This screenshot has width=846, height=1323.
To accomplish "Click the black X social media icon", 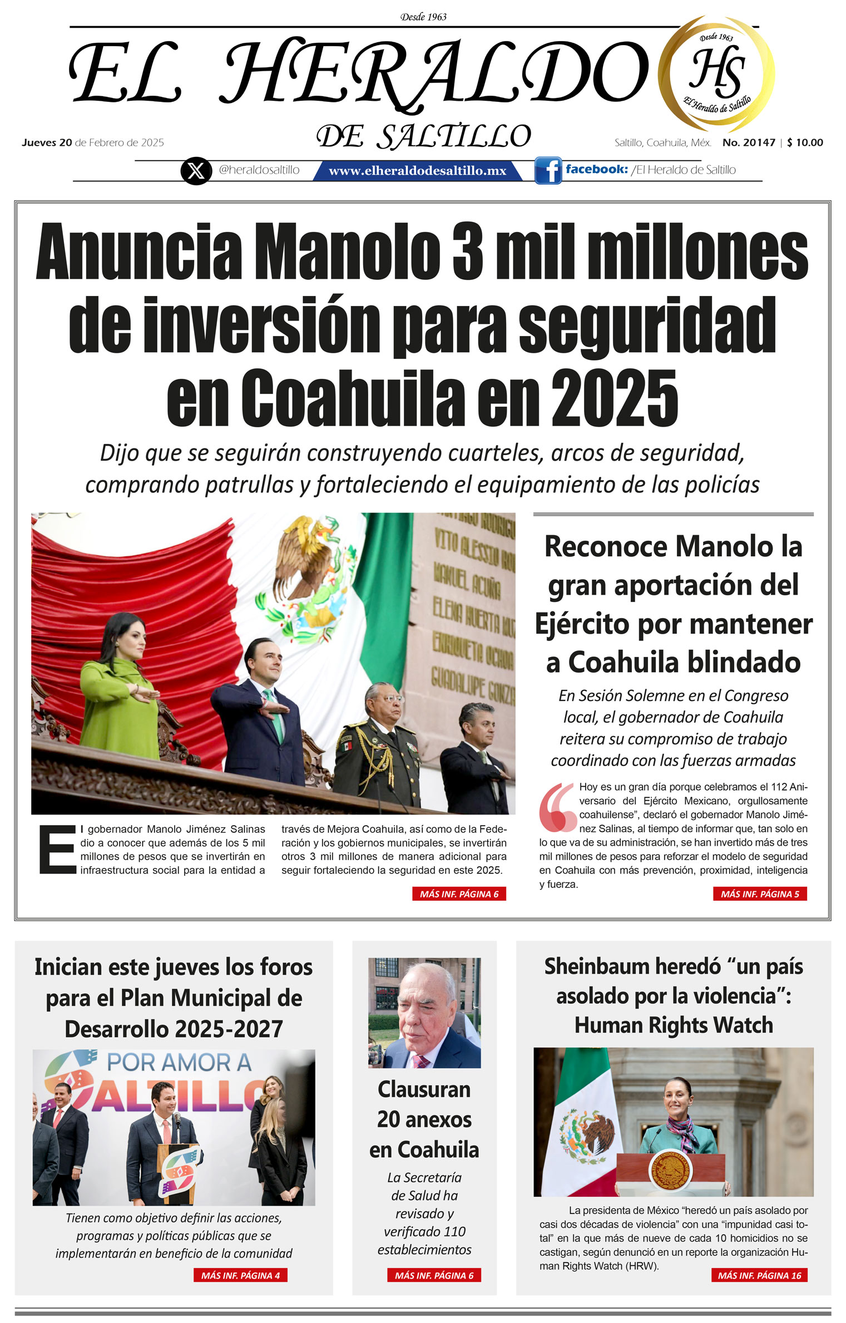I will (x=196, y=170).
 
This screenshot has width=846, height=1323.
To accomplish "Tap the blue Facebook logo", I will (x=548, y=170).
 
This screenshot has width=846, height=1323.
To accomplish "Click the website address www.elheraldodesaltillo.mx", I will (x=417, y=171).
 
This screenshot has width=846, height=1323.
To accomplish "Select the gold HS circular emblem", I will (x=716, y=74).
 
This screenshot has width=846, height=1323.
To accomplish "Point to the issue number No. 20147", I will (x=748, y=142).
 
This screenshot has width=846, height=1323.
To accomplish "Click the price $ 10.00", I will (x=805, y=142).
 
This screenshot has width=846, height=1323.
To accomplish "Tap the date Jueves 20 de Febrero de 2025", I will (x=93, y=142).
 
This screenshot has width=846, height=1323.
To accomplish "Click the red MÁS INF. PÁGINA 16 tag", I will (x=759, y=1275).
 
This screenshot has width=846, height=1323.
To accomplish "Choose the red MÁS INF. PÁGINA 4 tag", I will (x=240, y=1275).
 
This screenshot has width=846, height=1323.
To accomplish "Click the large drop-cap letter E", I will (x=57, y=850).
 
